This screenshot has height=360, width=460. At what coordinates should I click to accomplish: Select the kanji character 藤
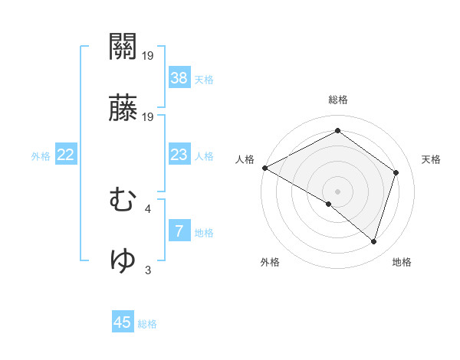123,110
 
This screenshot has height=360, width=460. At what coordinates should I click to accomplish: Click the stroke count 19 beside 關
148,55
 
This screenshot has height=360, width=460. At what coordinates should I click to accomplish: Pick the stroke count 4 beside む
148,208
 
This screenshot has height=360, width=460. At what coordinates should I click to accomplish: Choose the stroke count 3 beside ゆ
148,270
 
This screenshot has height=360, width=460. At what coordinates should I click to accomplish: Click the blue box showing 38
179,77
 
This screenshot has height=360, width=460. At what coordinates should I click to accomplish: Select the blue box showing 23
179,155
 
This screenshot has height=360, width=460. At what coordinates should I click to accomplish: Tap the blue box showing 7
179,231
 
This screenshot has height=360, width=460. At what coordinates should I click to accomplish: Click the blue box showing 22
66,155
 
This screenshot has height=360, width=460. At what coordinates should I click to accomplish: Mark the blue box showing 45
123,322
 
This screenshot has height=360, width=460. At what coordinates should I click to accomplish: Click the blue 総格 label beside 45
147,324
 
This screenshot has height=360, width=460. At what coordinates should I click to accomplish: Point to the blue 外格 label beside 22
41,156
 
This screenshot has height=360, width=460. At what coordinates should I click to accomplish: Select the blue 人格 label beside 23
204,156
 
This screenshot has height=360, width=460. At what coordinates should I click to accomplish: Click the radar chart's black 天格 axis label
432,159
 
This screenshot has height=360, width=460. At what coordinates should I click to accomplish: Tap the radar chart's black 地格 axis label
402,262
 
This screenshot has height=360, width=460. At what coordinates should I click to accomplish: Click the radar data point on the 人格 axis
264,168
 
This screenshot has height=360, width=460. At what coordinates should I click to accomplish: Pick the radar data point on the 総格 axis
337,131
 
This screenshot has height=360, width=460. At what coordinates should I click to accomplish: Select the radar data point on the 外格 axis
329,204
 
